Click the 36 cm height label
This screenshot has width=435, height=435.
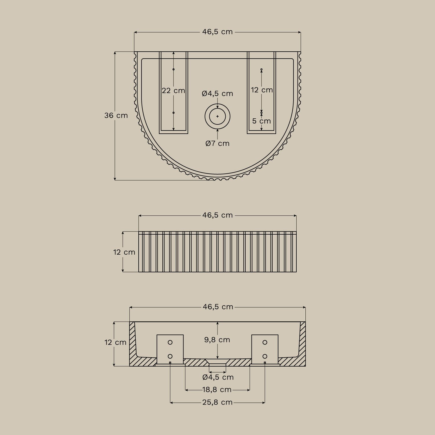[x=116, y=115]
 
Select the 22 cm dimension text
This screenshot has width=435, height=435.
[x=173, y=91]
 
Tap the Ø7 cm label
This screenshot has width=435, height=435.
[x=217, y=144]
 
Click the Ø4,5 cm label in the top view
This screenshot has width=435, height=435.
[x=217, y=94]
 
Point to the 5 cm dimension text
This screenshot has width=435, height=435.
[x=261, y=121]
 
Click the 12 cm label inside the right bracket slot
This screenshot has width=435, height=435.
[x=262, y=90]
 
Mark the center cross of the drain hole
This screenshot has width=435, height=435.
[x=217, y=116]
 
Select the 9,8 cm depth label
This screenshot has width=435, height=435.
[x=217, y=340]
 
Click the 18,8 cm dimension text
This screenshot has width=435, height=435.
[x=217, y=390]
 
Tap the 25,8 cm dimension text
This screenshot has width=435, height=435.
[x=217, y=403]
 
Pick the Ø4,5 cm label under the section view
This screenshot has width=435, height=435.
[x=218, y=377]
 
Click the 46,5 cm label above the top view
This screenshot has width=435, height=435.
[x=217, y=32]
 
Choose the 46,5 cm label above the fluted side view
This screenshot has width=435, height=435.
[x=217, y=215]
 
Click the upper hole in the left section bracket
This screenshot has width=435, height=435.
[x=170, y=342]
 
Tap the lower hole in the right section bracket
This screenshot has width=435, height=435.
[x=265, y=356]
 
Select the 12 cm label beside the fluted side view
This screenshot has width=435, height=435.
[x=124, y=252]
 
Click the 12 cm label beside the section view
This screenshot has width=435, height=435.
[x=115, y=342]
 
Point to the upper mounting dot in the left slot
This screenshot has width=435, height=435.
[x=173, y=69]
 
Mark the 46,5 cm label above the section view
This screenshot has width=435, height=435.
[x=218, y=307]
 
